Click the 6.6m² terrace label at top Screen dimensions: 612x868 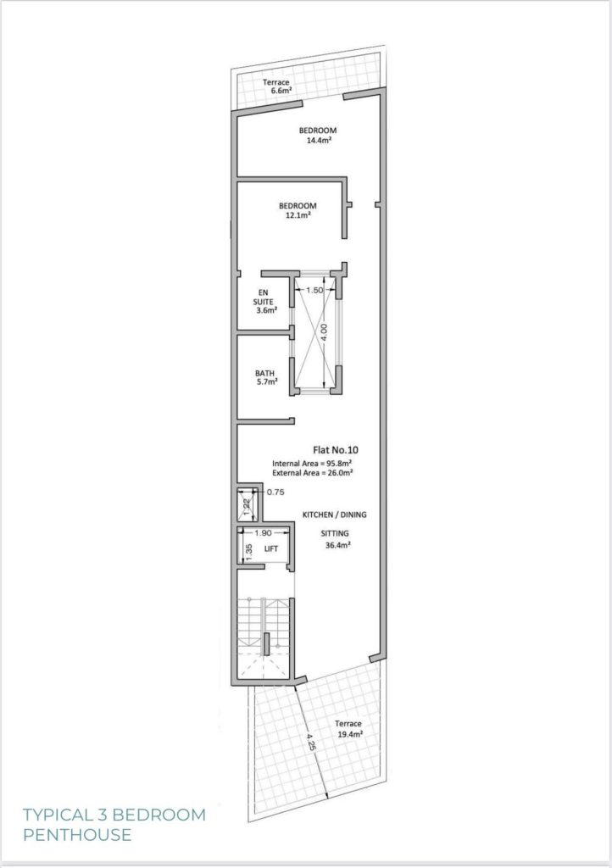(x=277, y=86)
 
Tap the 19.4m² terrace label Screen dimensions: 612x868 (x=348, y=729)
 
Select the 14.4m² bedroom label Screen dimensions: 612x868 (x=318, y=136)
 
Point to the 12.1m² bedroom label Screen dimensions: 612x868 (x=298, y=211)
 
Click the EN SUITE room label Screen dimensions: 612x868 (x=265, y=302)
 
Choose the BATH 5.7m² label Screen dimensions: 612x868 (x=265, y=377)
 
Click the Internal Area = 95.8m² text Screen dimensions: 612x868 (x=313, y=464)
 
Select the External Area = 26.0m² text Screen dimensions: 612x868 (x=313, y=473)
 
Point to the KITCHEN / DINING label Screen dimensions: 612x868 (x=334, y=515)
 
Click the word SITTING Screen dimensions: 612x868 (x=335, y=534)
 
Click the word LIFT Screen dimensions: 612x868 (x=271, y=548)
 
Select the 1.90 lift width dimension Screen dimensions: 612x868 (x=263, y=533)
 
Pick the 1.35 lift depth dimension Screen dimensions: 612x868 (x=249, y=551)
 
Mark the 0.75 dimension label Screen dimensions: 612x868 (x=275, y=492)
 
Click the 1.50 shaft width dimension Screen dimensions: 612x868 (x=314, y=290)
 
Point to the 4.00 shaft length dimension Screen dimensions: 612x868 (x=325, y=331)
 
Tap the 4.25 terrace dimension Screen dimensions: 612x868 (x=312, y=742)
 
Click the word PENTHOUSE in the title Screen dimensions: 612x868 (x=77, y=834)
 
